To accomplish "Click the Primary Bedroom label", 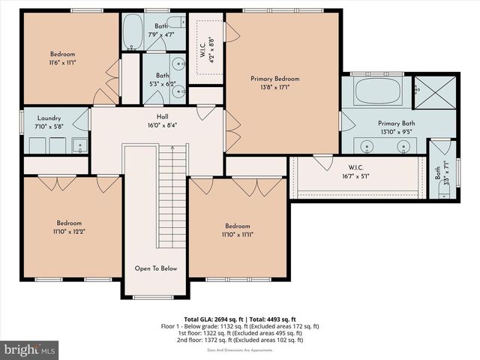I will coord(274,79).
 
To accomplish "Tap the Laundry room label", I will coord(47,118).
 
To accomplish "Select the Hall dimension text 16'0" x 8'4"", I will coord(163,126).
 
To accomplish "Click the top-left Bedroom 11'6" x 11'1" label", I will coord(62,54).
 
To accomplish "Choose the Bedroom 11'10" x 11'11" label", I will coord(237,226).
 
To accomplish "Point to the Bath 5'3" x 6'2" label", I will coord(163,76).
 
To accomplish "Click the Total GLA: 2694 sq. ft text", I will coord(214,319).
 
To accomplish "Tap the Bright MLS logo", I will coord(30,349).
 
